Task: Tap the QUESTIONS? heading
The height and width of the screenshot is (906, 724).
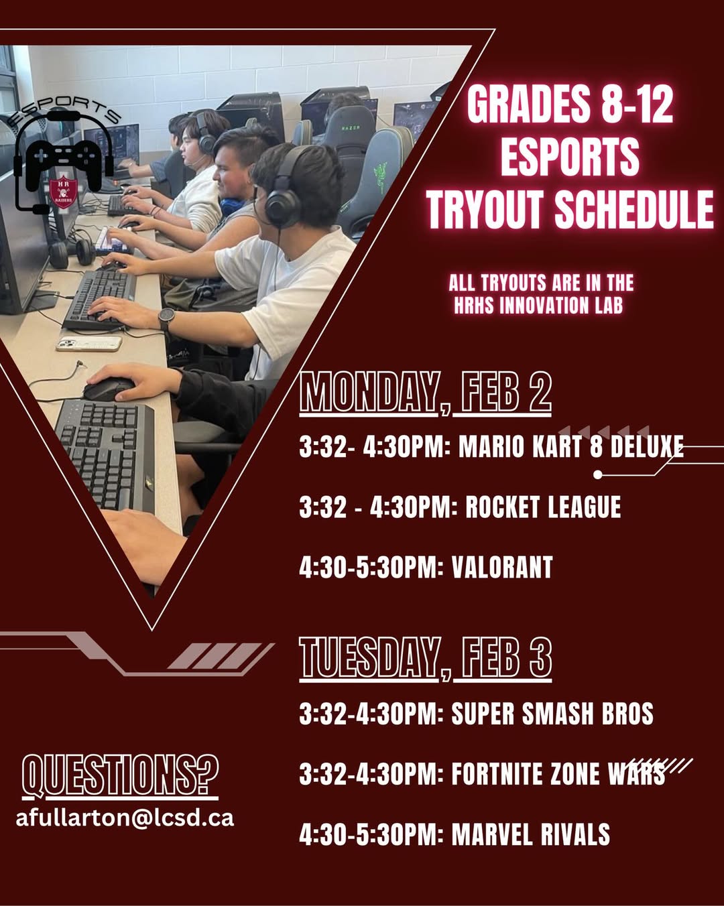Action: click(x=120, y=776)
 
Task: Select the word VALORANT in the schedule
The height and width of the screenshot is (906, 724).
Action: click(x=502, y=567)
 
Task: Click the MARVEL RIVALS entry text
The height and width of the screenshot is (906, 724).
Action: click(x=531, y=834)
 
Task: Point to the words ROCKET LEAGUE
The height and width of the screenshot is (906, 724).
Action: click(x=543, y=507)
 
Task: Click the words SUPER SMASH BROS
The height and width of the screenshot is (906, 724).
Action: click(x=552, y=713)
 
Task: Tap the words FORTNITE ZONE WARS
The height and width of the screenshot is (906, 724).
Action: click(x=558, y=774)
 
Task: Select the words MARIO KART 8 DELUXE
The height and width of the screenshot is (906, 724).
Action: click(x=570, y=446)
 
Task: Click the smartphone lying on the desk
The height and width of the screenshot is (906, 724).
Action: click(x=89, y=343)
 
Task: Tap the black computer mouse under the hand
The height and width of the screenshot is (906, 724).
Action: click(x=109, y=389)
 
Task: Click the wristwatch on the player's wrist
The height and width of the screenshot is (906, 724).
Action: click(x=167, y=319)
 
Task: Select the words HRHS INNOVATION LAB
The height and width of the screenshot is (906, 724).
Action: click(x=538, y=305)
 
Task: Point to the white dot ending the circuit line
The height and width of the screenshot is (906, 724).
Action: click(x=598, y=475)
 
